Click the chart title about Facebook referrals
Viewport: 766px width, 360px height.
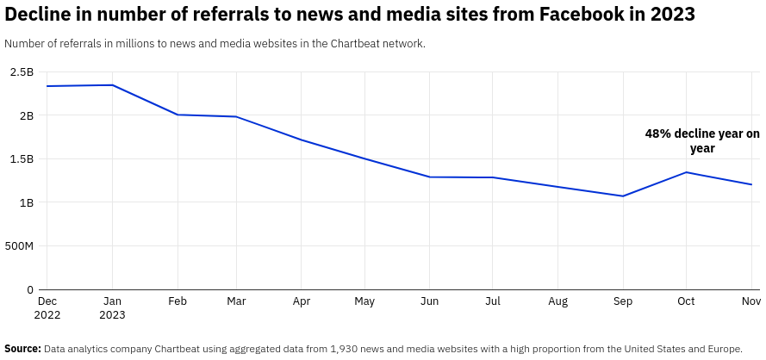pyautogui.click(x=349, y=15)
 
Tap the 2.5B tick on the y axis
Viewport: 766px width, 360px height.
pyautogui.click(x=22, y=71)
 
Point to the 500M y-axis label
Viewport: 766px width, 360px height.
pyautogui.click(x=18, y=246)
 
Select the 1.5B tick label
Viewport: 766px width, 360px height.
pyautogui.click(x=22, y=159)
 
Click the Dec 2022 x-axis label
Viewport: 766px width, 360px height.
pyautogui.click(x=47, y=307)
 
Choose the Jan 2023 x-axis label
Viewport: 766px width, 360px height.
pyautogui.click(x=112, y=307)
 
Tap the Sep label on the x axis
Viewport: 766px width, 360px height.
pyautogui.click(x=622, y=301)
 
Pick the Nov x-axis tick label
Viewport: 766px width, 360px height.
pyautogui.click(x=750, y=301)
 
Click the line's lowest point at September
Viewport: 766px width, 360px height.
pyautogui.click(x=622, y=196)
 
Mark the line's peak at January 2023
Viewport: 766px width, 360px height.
pyautogui.click(x=112, y=85)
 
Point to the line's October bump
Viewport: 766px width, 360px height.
pyautogui.click(x=686, y=172)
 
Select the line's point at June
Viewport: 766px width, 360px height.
pyautogui.click(x=430, y=177)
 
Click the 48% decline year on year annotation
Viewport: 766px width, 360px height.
pyautogui.click(x=702, y=141)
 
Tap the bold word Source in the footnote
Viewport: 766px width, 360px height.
pyautogui.click(x=22, y=349)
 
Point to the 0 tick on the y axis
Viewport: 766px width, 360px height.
pyautogui.click(x=30, y=290)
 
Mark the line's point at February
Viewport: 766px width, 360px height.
pyautogui.click(x=177, y=115)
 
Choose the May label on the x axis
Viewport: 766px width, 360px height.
pyautogui.click(x=364, y=301)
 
